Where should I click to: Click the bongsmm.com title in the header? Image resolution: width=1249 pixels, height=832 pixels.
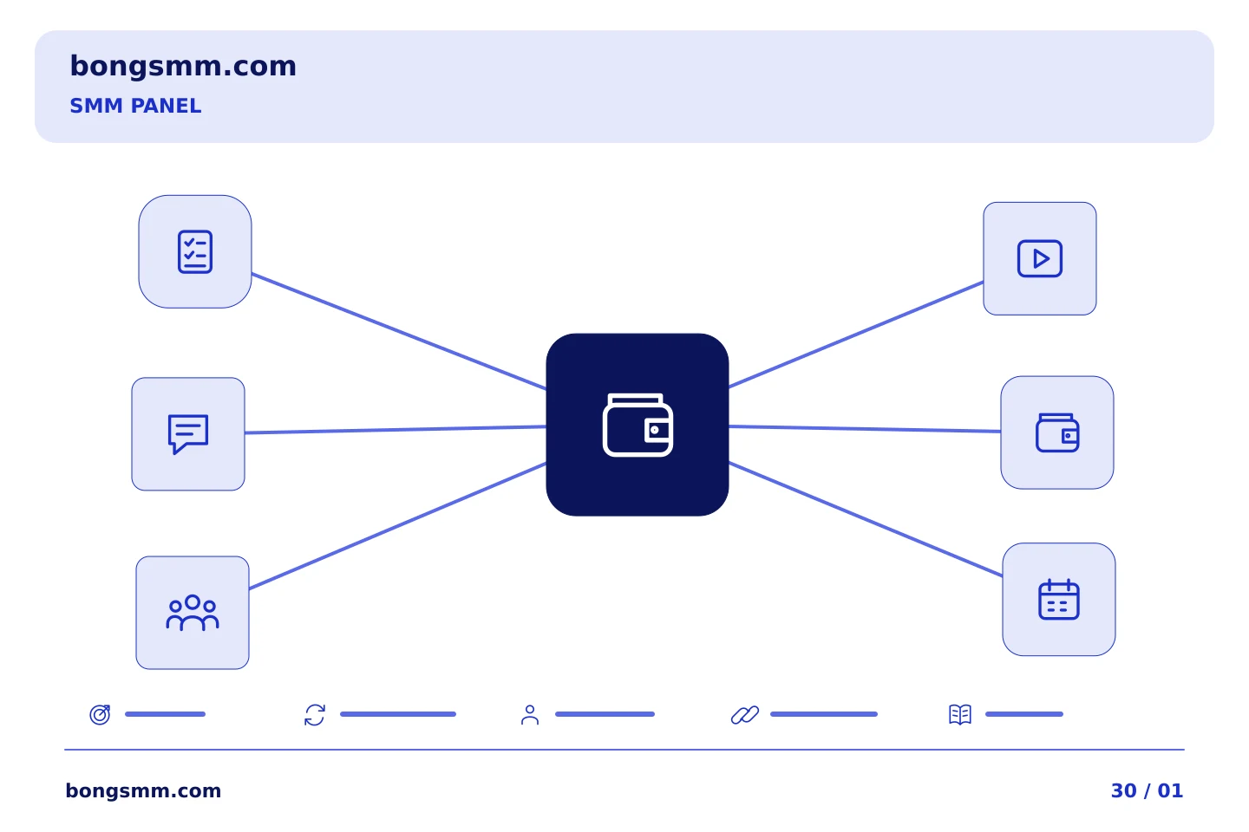(183, 67)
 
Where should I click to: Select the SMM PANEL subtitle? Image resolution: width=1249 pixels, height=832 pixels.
(135, 106)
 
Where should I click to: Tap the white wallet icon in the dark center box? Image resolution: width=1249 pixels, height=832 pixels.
(638, 425)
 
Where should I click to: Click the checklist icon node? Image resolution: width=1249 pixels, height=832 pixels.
(195, 251)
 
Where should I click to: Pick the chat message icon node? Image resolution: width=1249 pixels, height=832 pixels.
(188, 434)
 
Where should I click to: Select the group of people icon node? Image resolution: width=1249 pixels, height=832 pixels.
(193, 613)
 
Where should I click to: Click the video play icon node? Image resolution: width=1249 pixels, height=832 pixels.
(1040, 258)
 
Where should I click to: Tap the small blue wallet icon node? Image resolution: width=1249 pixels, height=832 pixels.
(1057, 432)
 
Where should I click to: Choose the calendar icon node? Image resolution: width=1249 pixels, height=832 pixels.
(1059, 600)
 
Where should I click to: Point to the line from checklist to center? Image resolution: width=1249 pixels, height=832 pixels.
(399, 331)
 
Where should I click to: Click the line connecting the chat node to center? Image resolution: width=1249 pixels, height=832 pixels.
(396, 430)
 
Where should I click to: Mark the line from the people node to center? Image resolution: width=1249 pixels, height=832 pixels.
(397, 525)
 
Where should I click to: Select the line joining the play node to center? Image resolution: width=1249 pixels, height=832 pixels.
(856, 335)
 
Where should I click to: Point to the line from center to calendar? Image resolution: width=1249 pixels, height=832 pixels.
(866, 519)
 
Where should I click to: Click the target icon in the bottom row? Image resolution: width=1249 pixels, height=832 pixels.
(101, 714)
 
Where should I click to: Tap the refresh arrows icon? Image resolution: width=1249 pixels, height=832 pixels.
(315, 715)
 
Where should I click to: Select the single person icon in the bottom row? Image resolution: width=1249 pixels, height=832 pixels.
(530, 715)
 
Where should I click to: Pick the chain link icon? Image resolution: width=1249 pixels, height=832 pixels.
(745, 715)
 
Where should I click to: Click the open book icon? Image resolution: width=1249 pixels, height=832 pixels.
(960, 715)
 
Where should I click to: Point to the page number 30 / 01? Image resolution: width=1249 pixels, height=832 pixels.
(1147, 790)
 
